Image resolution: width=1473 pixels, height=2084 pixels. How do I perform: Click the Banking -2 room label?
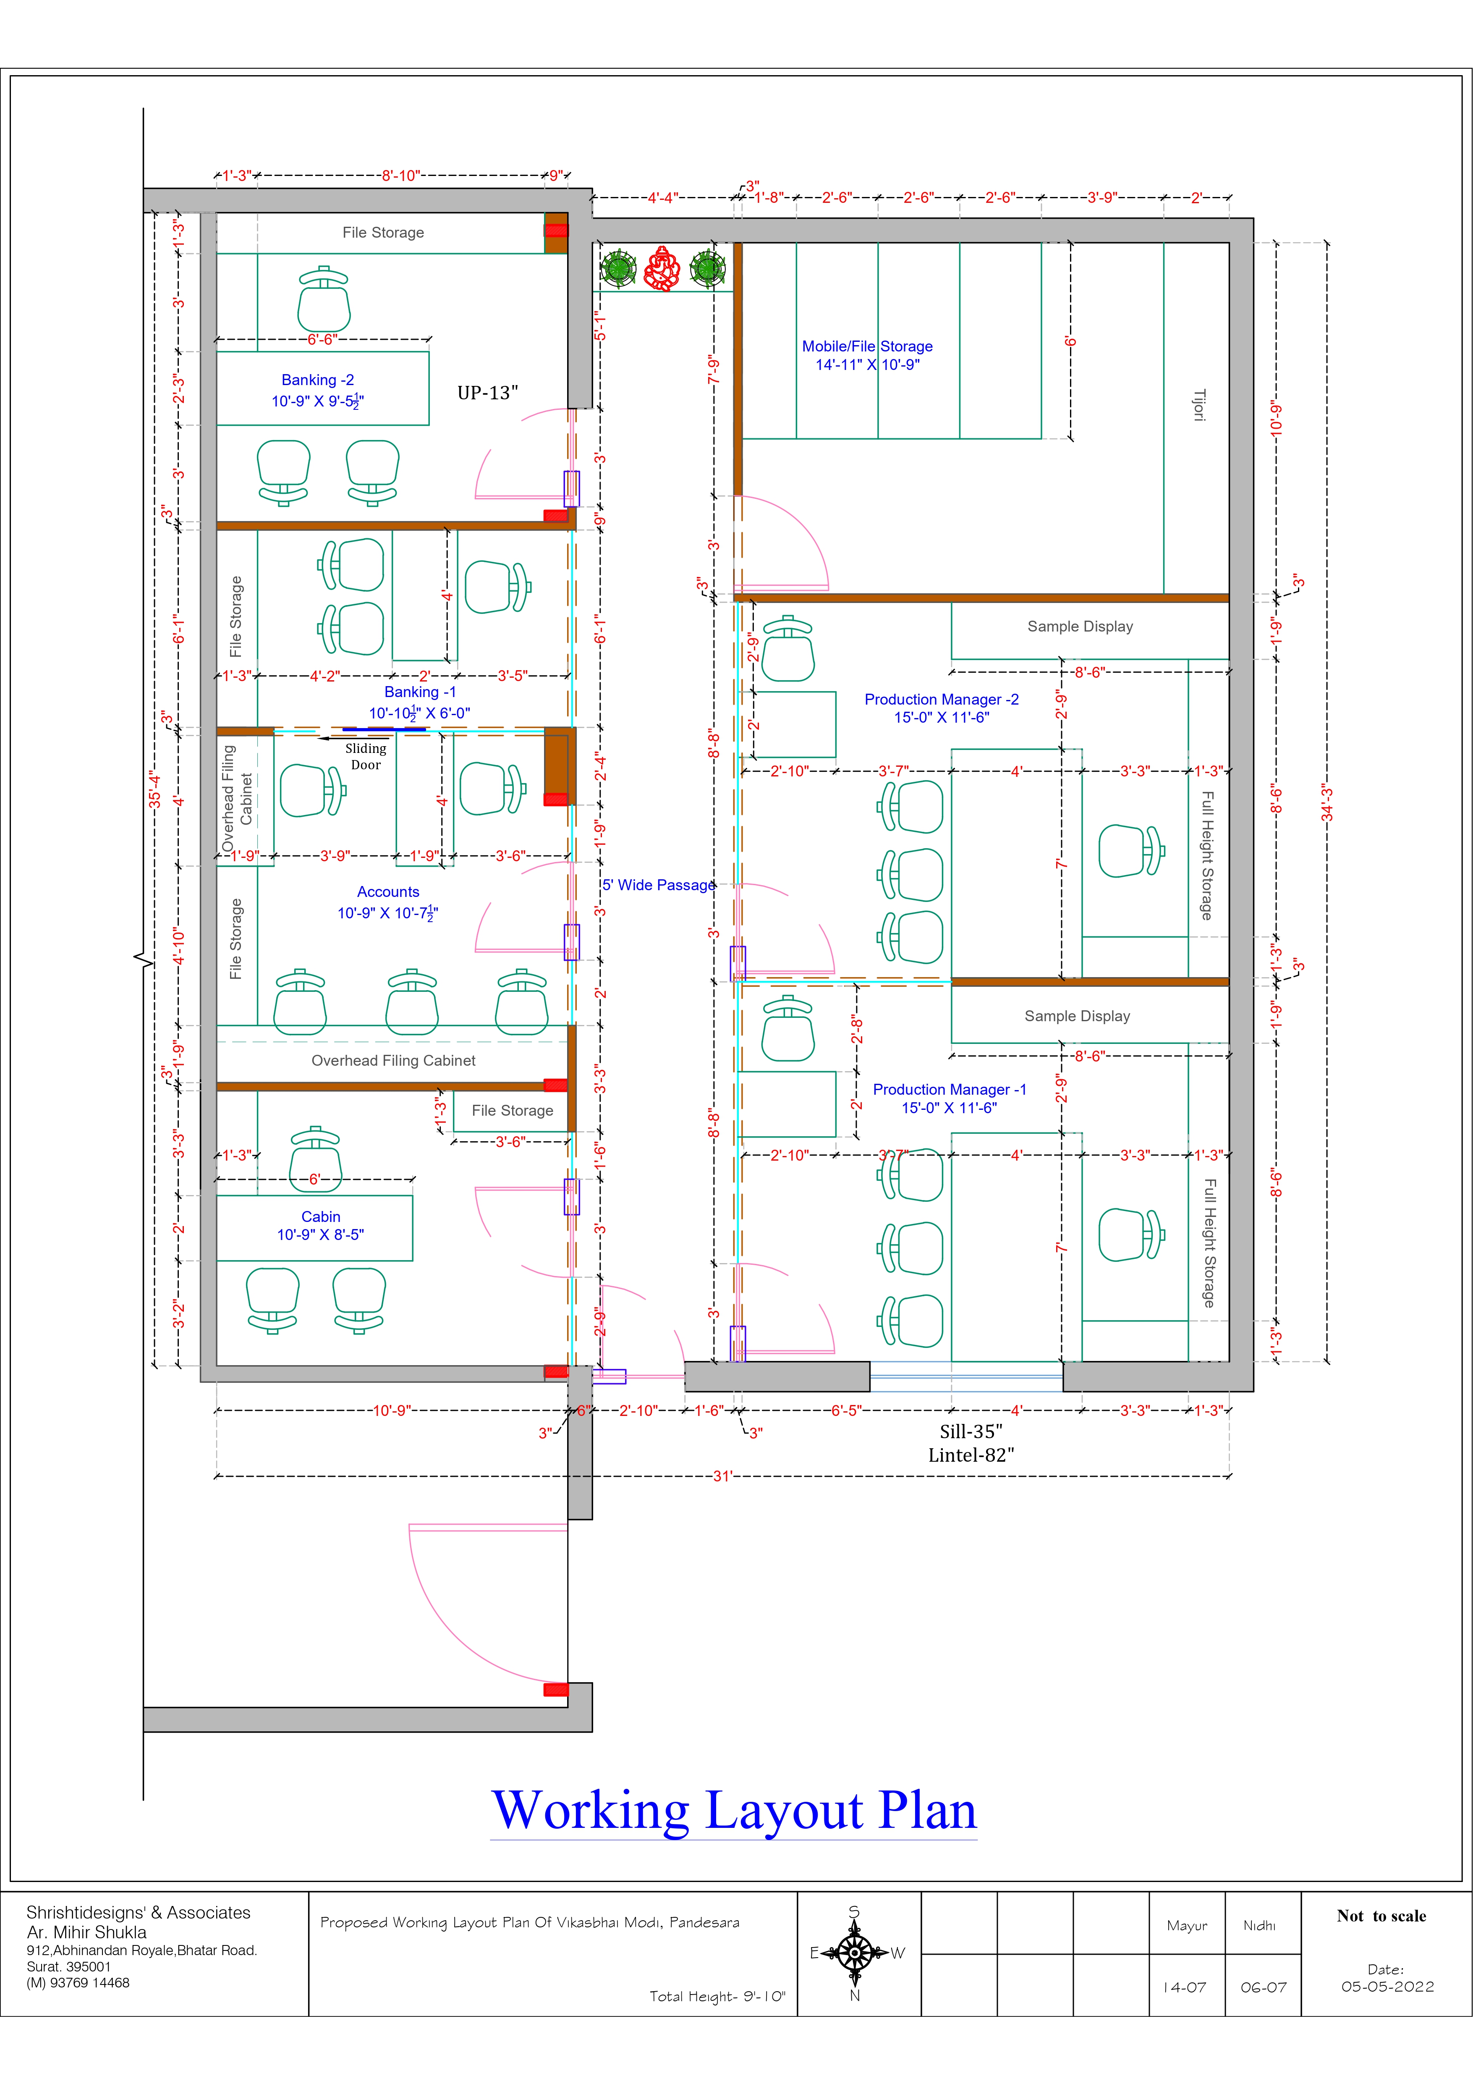coord(318,380)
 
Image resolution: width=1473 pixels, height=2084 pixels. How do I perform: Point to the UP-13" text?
coord(487,392)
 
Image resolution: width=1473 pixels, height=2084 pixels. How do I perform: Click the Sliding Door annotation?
coord(366,756)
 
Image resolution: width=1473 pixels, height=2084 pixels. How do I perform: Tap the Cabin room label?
coord(320,1216)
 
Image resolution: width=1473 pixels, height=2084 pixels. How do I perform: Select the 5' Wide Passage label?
coord(659,885)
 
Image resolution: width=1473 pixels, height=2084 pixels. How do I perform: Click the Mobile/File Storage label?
coord(867,346)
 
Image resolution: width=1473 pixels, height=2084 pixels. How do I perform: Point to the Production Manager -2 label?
coord(941,699)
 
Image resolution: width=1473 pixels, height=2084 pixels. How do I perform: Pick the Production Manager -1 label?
coord(949,1089)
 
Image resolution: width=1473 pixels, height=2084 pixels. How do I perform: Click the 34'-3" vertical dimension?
coord(1327,802)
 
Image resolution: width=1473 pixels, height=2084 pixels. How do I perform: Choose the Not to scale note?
coord(1381,1915)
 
